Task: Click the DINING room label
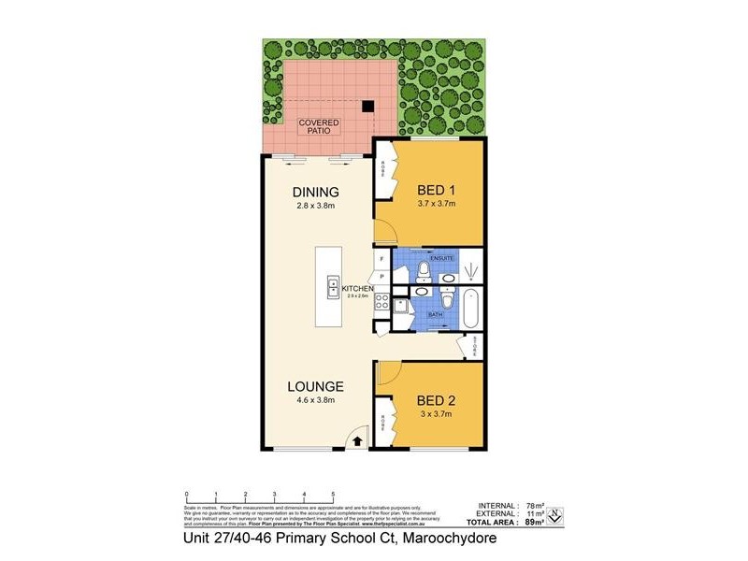(314, 193)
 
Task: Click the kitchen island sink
(332, 287)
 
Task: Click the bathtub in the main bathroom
(469, 305)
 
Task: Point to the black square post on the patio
(369, 106)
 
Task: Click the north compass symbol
(555, 514)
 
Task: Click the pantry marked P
(381, 276)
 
